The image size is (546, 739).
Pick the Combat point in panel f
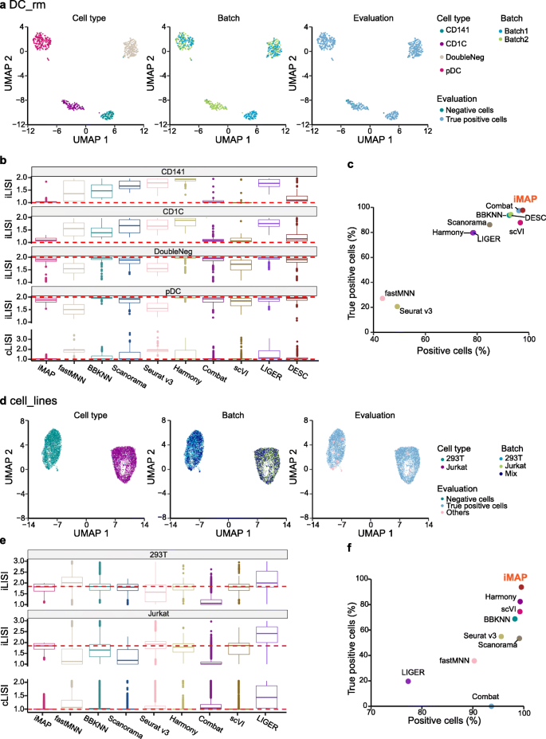(x=491, y=706)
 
